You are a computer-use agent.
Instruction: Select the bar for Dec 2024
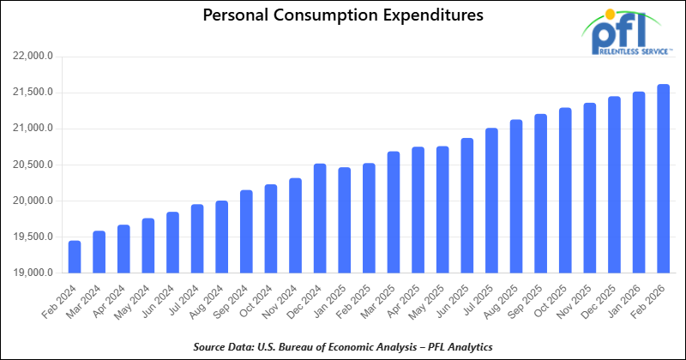(320, 219)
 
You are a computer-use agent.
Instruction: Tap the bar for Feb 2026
(663, 179)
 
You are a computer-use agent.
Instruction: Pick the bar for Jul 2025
(491, 201)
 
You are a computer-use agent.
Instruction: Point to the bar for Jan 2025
(345, 220)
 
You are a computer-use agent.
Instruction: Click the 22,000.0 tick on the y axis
(34, 57)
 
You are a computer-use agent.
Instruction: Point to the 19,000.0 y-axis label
(34, 273)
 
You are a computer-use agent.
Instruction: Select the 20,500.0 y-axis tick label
(34, 165)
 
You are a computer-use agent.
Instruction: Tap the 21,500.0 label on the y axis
(34, 93)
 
